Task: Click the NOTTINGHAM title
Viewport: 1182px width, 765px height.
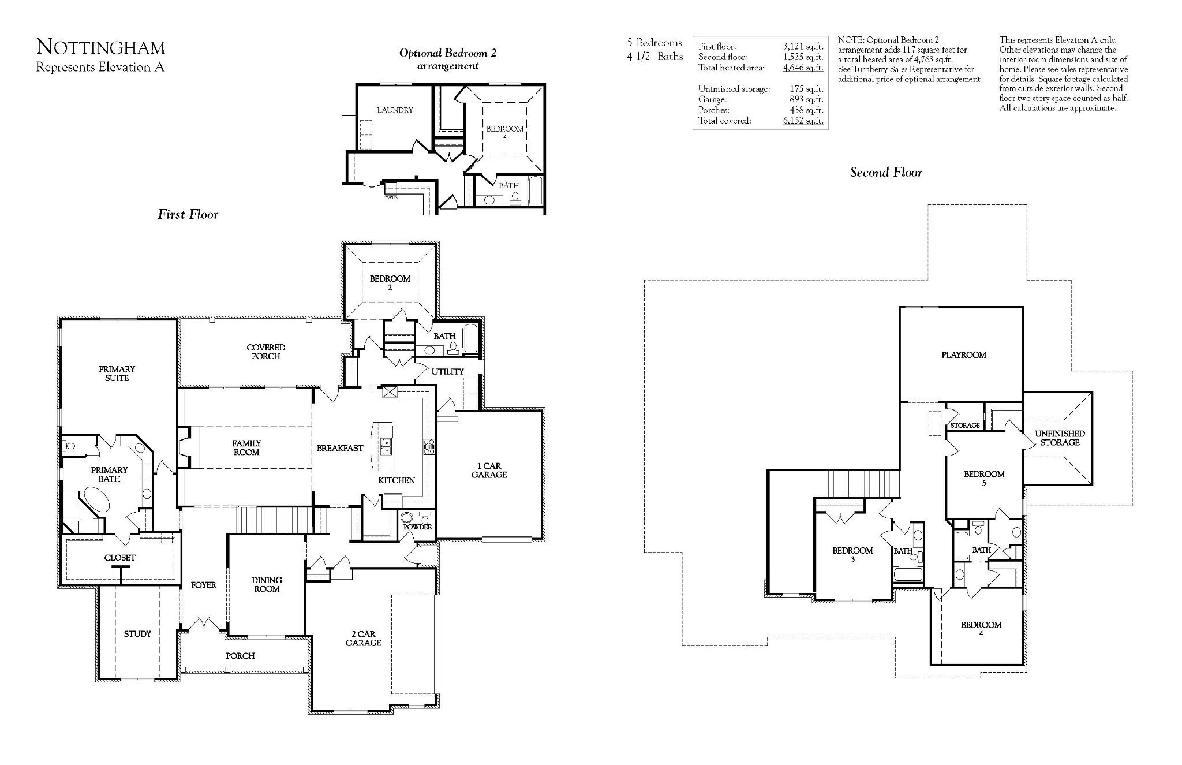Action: (x=100, y=47)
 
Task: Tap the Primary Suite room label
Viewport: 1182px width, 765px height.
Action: (x=117, y=374)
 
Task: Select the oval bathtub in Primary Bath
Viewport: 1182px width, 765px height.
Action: (x=96, y=499)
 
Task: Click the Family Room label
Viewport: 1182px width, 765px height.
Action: (x=246, y=448)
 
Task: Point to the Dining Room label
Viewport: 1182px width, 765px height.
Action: (x=267, y=584)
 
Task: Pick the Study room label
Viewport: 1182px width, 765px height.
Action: (x=137, y=634)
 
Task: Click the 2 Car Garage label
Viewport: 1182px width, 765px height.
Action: (x=364, y=638)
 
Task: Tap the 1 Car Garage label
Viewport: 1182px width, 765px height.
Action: (x=489, y=471)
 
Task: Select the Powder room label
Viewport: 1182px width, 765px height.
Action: (x=418, y=527)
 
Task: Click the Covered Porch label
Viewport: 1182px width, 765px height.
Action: (x=266, y=352)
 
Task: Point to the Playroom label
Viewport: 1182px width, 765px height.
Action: (x=964, y=355)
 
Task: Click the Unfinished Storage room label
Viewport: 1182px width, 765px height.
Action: (x=1060, y=438)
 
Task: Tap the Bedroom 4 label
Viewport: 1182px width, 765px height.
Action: (x=981, y=629)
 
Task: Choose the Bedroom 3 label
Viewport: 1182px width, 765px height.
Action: (x=852, y=555)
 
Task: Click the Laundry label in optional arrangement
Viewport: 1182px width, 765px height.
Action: (x=395, y=110)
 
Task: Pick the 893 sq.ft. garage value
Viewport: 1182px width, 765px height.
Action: (x=806, y=99)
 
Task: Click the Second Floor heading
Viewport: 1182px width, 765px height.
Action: (x=886, y=172)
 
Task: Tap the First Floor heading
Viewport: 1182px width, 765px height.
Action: (x=188, y=214)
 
